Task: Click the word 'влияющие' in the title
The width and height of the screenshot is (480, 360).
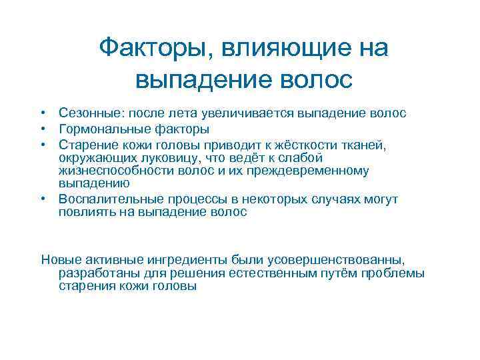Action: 279,48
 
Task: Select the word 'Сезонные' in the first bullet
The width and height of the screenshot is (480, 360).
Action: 85,114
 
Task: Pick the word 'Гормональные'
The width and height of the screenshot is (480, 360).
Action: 97,129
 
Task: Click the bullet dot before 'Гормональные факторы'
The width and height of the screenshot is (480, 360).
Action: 41,129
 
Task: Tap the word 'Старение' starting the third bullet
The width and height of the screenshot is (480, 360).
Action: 83,143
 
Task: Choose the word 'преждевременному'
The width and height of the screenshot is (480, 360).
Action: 313,170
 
